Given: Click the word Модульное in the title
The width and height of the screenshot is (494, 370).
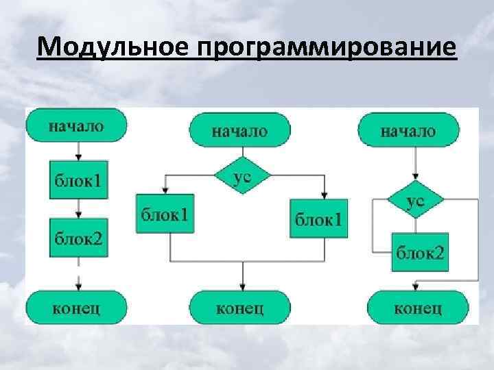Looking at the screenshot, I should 113,48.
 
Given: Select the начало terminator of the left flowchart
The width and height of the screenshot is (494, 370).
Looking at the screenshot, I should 77,127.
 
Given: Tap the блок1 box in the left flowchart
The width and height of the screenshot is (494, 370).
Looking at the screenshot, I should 78,181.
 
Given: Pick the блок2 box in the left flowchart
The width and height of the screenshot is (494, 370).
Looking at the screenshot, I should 78,238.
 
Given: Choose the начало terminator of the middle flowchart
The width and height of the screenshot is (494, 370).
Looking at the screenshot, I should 239,129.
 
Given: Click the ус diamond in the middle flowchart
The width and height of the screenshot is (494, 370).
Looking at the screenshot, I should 242,176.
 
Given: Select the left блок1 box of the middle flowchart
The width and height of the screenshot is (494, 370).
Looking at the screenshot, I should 165,214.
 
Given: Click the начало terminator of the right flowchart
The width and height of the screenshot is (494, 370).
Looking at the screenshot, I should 409,129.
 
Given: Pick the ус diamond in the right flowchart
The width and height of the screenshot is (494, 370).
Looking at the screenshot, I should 415,201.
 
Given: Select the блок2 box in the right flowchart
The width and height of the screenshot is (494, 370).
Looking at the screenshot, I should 419,252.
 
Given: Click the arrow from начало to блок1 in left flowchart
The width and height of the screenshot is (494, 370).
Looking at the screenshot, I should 78,149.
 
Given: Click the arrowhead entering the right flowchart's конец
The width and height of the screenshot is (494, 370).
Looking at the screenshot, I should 416,286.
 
